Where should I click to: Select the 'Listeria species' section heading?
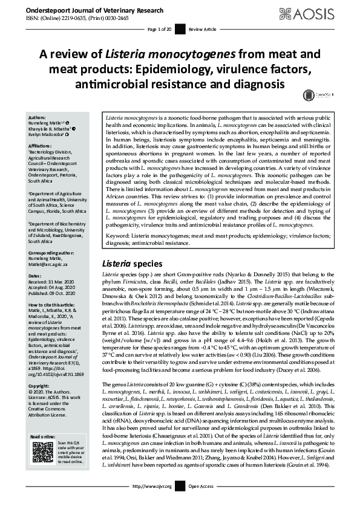pyautogui.click(x=133, y=264)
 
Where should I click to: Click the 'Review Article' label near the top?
pyautogui.click(x=201, y=29)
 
